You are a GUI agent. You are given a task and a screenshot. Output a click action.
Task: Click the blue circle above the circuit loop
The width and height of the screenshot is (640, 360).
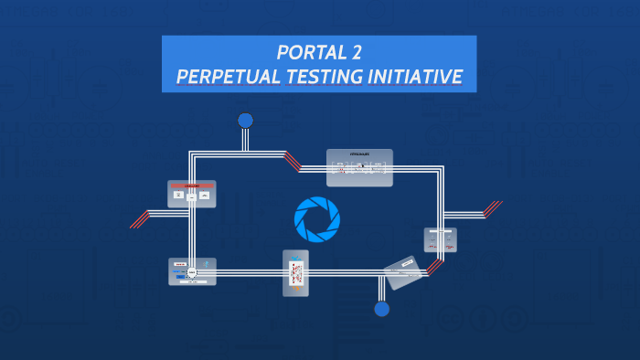point(245,121)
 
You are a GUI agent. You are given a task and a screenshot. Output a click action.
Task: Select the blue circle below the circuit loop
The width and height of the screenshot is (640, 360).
point(382,309)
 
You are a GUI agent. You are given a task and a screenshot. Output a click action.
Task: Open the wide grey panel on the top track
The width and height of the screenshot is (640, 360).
point(359,167)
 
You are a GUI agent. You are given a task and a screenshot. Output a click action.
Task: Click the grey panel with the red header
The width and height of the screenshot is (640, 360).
point(191,194)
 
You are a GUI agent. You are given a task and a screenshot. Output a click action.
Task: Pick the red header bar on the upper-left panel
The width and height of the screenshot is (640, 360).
point(191,185)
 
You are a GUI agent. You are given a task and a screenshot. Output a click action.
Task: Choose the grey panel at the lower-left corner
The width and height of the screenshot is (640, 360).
point(192,271)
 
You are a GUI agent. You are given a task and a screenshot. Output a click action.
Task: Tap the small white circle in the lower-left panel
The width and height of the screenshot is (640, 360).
point(192,272)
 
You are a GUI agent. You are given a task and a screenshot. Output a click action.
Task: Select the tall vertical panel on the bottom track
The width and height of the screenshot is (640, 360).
point(295,272)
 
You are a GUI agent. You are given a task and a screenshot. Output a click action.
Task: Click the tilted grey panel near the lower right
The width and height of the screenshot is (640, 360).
point(403,271)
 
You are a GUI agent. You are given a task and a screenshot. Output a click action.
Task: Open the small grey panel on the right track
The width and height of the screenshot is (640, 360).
point(440,240)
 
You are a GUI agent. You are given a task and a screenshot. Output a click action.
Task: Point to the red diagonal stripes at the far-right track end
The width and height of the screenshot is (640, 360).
point(493,208)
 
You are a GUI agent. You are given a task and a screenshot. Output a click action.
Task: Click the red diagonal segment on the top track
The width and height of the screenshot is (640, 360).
point(293,161)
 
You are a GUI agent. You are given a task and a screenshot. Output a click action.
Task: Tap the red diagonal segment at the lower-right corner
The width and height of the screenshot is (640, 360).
point(435,266)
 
